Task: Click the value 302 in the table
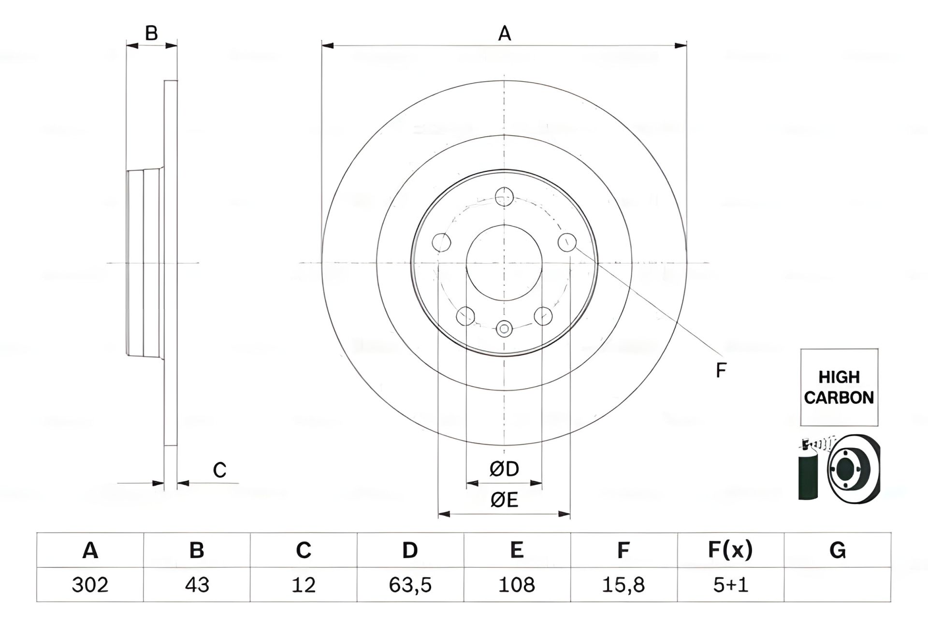click(x=90, y=585)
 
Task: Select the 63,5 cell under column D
click(x=410, y=585)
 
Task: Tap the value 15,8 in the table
click(x=623, y=585)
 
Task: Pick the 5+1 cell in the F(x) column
click(x=730, y=585)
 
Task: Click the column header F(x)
click(x=730, y=550)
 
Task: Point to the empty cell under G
click(x=837, y=585)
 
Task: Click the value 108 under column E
click(x=517, y=585)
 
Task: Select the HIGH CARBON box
click(x=839, y=387)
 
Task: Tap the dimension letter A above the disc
click(x=504, y=34)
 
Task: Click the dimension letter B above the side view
click(x=151, y=34)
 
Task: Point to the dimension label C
click(x=219, y=470)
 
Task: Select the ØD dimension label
click(x=504, y=469)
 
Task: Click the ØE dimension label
click(x=504, y=500)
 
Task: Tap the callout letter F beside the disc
click(x=721, y=371)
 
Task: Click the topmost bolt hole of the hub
click(x=504, y=197)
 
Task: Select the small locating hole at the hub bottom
click(x=504, y=329)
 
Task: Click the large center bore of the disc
click(x=504, y=263)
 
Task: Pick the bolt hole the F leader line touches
click(x=567, y=242)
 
